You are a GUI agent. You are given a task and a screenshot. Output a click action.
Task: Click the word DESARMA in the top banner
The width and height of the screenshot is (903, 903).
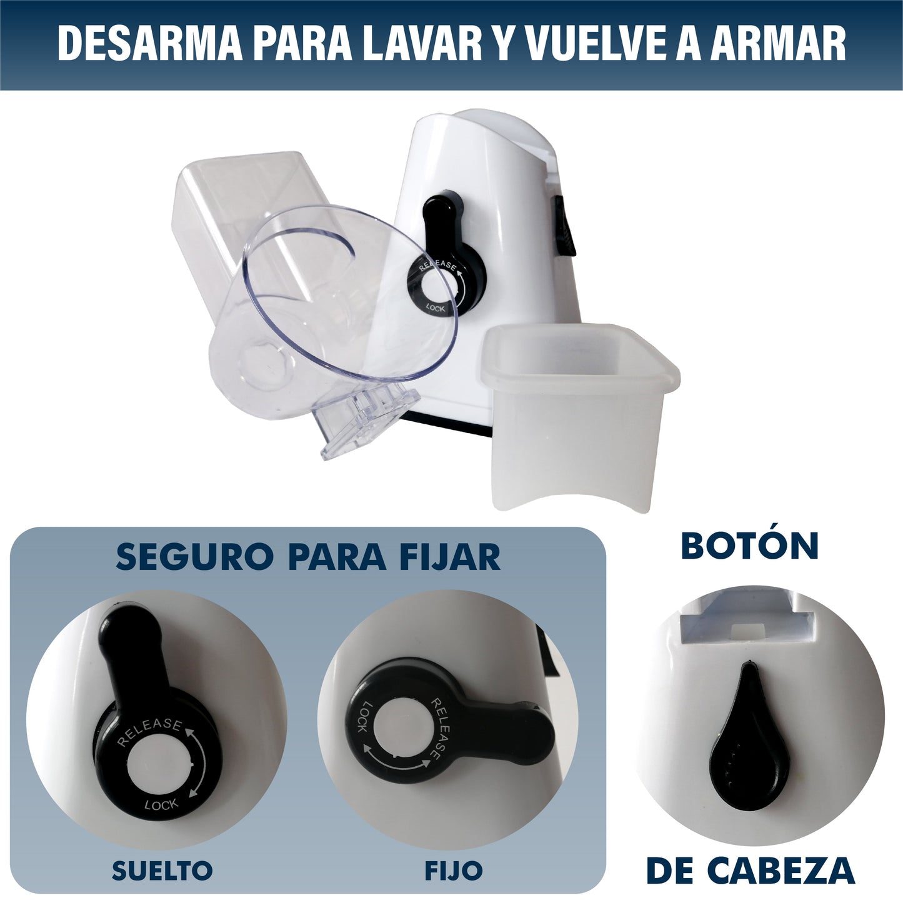click(x=149, y=44)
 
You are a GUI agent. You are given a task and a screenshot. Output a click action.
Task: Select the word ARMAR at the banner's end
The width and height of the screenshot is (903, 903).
click(x=778, y=44)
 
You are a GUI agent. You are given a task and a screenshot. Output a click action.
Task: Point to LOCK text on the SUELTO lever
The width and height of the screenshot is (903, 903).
click(x=162, y=805)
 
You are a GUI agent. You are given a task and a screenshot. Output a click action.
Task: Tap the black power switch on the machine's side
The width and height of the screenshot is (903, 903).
click(x=565, y=226)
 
